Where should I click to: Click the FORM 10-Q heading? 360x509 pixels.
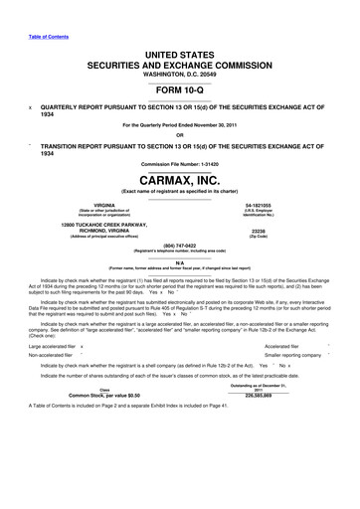point(180,88)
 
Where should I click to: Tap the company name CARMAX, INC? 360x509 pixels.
point(180,178)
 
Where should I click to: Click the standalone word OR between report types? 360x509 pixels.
point(180,135)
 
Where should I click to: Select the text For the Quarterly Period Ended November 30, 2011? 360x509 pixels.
point(180,124)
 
